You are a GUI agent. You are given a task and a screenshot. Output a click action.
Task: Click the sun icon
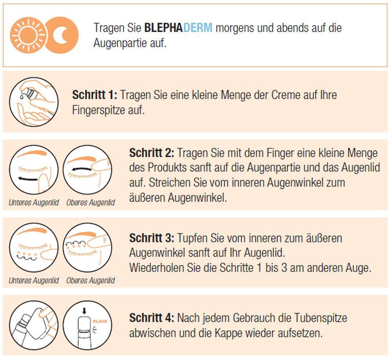tap(29, 35)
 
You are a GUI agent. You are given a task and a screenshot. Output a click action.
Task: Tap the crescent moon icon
tap(61, 35)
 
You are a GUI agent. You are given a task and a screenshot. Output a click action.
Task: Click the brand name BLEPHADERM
tap(178, 28)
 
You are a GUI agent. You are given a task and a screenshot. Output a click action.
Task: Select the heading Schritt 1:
tap(95, 95)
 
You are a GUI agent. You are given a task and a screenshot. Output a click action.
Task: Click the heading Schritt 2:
tap(152, 153)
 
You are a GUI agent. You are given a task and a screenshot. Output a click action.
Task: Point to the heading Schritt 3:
tap(152, 238)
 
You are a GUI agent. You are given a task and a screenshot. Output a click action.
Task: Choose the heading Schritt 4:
tap(152, 318)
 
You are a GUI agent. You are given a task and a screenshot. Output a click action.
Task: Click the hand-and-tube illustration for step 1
tap(34, 102)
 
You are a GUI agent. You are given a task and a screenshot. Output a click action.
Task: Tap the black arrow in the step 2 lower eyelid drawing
tap(28, 179)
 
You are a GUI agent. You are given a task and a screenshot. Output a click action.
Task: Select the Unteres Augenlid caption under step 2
tap(34, 202)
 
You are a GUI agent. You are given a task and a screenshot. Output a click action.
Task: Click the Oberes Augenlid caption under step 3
tap(91, 281)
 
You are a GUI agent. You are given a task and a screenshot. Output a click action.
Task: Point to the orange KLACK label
tap(100, 321)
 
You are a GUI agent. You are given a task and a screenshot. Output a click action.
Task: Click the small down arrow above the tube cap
tap(84, 311)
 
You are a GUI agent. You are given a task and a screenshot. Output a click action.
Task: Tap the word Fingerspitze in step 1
tap(99, 110)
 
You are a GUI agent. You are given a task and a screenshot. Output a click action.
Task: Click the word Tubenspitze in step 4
tap(321, 318)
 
